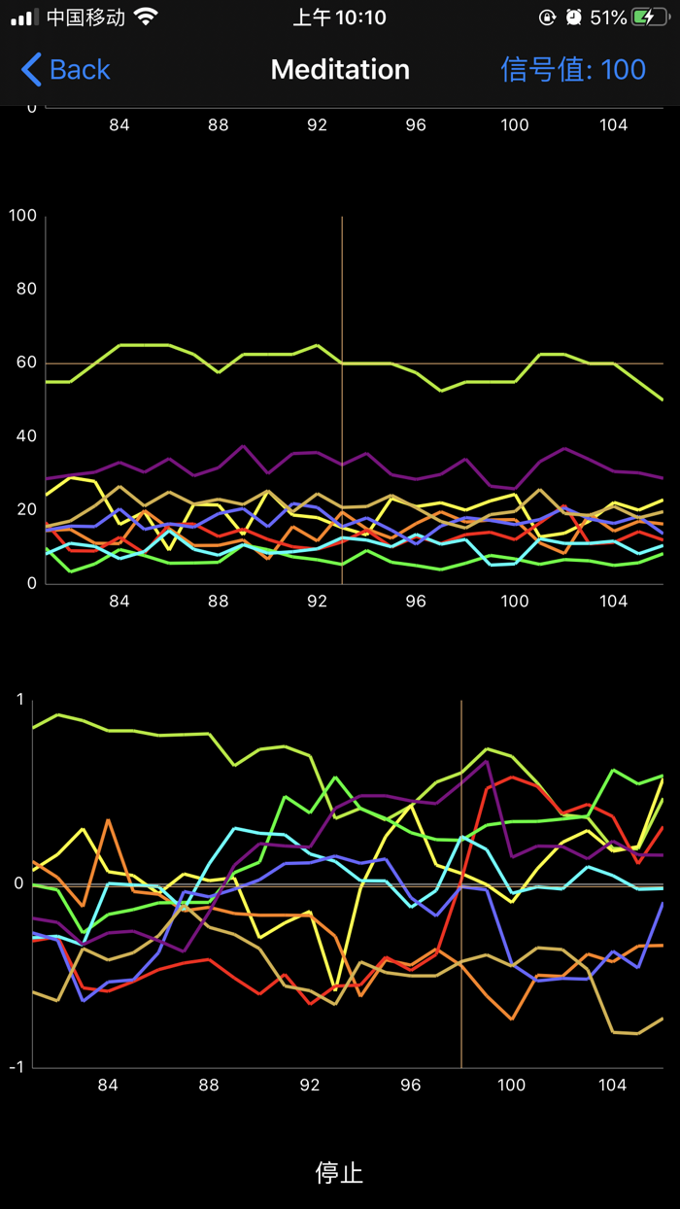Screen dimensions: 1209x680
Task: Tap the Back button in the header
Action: point(66,70)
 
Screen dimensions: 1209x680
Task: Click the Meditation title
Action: point(340,70)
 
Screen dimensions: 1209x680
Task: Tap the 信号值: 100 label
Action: point(573,70)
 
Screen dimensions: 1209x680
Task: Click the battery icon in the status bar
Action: point(649,17)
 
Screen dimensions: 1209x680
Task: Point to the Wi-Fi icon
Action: point(146,17)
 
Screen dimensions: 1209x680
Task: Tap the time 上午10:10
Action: point(340,17)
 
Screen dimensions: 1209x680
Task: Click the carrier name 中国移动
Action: point(85,17)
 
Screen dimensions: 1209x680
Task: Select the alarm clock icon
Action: point(574,17)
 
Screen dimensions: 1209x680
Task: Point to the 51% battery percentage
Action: point(608,17)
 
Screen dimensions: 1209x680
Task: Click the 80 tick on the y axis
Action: point(26,289)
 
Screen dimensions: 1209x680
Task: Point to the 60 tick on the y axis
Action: point(26,363)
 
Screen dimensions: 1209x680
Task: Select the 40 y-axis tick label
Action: point(26,435)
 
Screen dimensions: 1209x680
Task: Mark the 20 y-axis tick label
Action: point(26,509)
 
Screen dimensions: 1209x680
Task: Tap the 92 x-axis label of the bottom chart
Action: point(310,1086)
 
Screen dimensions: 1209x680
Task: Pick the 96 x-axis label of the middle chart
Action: point(416,602)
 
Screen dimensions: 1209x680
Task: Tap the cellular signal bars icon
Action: point(24,17)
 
